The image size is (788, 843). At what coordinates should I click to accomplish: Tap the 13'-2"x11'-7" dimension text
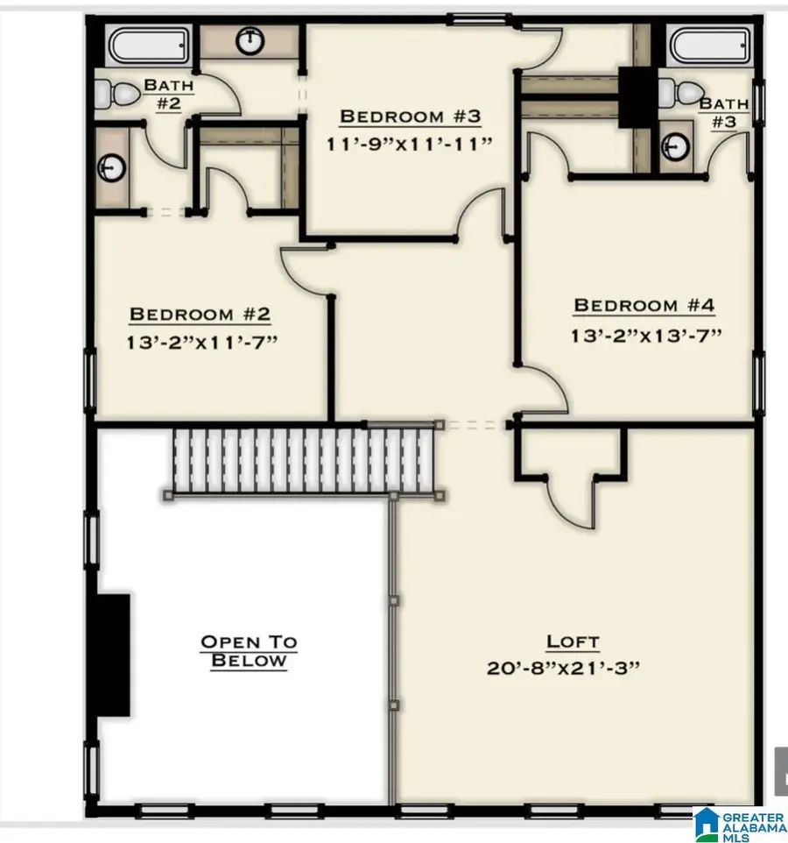202,340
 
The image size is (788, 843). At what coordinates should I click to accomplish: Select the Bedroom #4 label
644,306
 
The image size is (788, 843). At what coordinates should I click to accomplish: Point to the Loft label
573,642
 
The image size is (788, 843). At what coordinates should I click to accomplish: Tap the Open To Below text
249,651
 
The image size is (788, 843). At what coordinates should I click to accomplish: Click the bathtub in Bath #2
145,43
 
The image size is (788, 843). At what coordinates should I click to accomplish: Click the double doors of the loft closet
570,503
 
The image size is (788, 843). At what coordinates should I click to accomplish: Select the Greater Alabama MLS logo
739,823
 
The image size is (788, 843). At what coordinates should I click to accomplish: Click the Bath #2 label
168,94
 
